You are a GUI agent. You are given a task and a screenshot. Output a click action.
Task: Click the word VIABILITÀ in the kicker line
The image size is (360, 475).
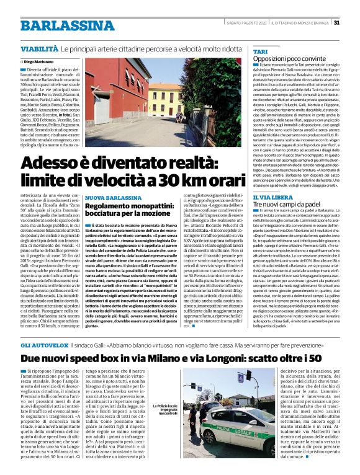tap(40, 48)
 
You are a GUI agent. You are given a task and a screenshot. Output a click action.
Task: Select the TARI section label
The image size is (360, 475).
tap(261, 50)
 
